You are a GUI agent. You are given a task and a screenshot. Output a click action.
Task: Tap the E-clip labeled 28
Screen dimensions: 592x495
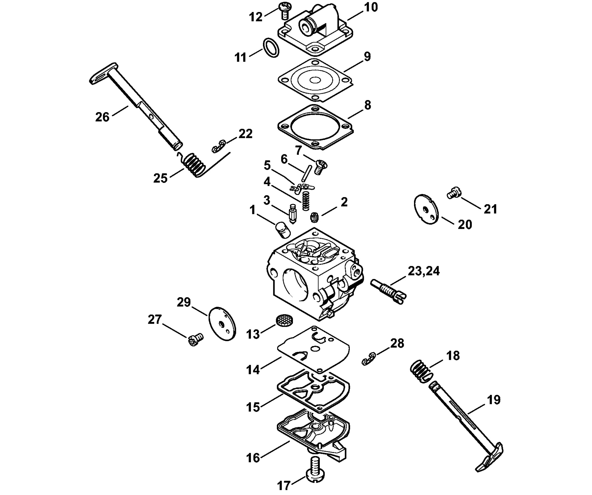[369, 359]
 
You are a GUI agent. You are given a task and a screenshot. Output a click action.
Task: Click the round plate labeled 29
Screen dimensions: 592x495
[222, 324]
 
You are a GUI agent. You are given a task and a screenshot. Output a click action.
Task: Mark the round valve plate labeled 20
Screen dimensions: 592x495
[427, 209]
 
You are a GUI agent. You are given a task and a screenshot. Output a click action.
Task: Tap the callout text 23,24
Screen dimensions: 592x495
[424, 271]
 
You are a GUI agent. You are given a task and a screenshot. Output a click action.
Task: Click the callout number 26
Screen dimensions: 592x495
[102, 117]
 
